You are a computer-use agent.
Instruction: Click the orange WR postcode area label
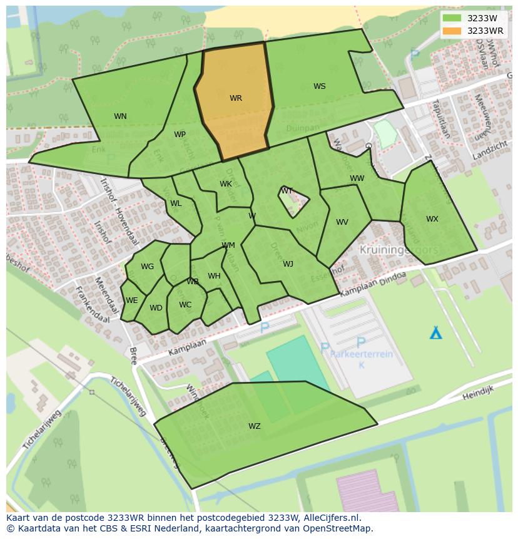pyautogui.click(x=235, y=98)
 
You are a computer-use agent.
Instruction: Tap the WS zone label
pyautogui.click(x=319, y=86)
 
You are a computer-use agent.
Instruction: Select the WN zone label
pyautogui.click(x=120, y=116)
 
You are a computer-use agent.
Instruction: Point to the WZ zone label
pyautogui.click(x=254, y=426)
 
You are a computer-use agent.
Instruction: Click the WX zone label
pyautogui.click(x=432, y=219)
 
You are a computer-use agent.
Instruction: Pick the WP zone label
pyautogui.click(x=180, y=135)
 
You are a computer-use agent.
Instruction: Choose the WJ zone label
pyautogui.click(x=288, y=264)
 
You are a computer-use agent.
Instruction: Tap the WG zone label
pyautogui.click(x=147, y=267)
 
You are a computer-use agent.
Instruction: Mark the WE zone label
pyautogui.click(x=131, y=300)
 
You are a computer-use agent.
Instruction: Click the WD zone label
pyautogui.click(x=156, y=308)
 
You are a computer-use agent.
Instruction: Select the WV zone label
pyautogui.click(x=342, y=222)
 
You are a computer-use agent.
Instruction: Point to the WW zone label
pyautogui.click(x=357, y=179)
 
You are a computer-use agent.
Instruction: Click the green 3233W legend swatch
pyautogui.click(x=452, y=18)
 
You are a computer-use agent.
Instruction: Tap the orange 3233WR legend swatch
pyautogui.click(x=452, y=31)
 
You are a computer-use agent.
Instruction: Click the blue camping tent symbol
pyautogui.click(x=435, y=332)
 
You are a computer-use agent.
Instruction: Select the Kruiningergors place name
pyautogui.click(x=399, y=249)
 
